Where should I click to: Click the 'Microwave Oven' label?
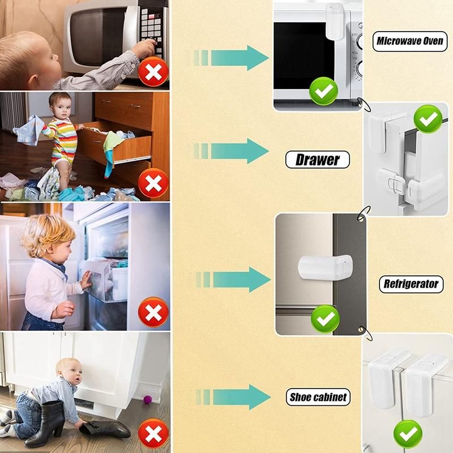point(409,41)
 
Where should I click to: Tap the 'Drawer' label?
point(318,160)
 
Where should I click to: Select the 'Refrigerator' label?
point(411,284)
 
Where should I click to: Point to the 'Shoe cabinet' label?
point(318,398)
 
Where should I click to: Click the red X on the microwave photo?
point(153,72)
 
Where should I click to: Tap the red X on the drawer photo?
point(153,183)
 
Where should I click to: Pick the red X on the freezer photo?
point(153,312)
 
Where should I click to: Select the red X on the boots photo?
point(153,433)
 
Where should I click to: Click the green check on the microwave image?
point(323,91)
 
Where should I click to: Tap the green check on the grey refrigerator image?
point(325,319)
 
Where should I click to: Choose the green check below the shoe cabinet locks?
point(408,434)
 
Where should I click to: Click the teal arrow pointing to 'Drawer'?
point(231,151)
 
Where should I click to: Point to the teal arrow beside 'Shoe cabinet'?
point(233,397)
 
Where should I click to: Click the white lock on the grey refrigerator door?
point(325,267)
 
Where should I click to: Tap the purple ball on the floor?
point(148,400)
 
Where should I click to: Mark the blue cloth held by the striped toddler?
point(29,130)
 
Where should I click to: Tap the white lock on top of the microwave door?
point(335,22)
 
